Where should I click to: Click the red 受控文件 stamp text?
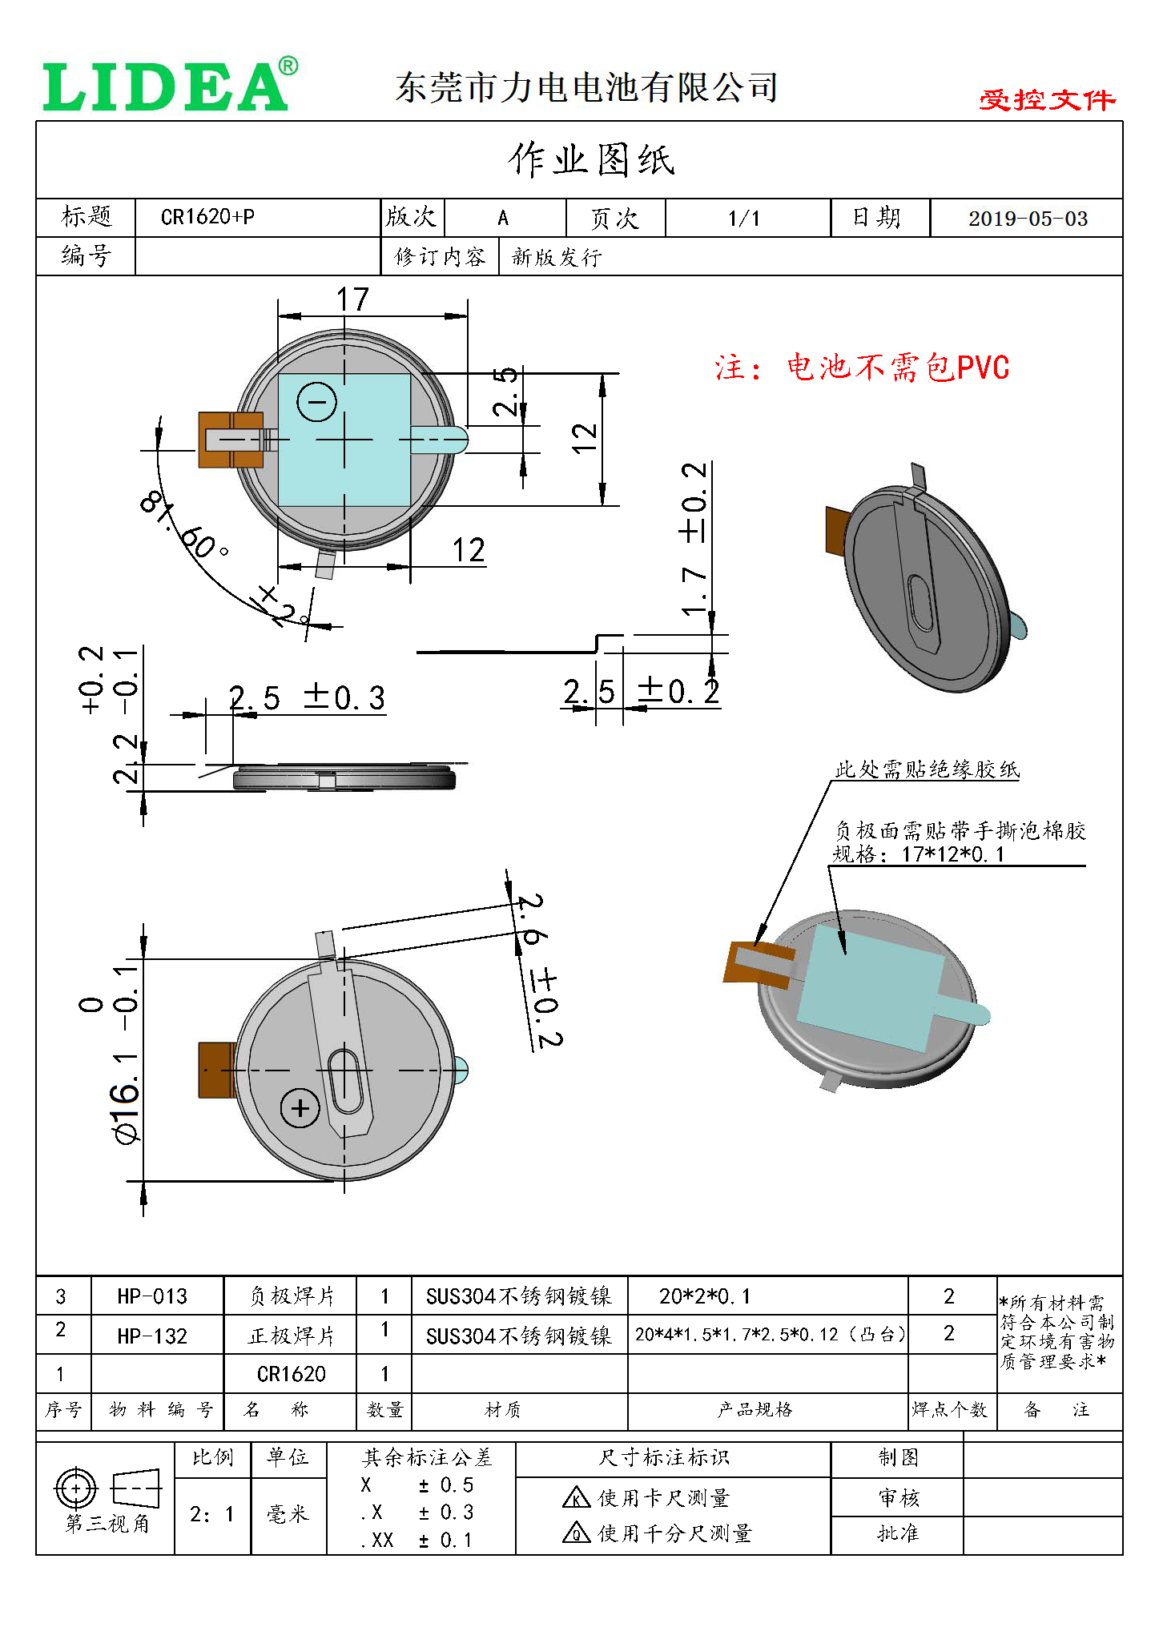click(x=1046, y=100)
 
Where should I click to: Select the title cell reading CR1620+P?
click(x=208, y=217)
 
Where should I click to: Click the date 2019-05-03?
click(x=1028, y=219)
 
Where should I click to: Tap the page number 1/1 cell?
click(x=744, y=219)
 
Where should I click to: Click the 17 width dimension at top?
click(x=352, y=300)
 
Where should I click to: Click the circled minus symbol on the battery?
click(x=316, y=402)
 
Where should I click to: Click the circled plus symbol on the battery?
click(x=300, y=1108)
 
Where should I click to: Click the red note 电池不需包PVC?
click(x=862, y=368)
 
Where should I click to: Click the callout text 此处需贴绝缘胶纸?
click(x=927, y=770)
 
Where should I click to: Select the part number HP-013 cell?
click(x=152, y=1296)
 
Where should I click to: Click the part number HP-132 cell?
click(x=152, y=1336)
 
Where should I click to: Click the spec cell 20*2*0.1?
click(x=704, y=1296)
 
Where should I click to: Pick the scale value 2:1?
click(x=211, y=1514)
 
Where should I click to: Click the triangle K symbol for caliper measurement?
click(x=576, y=1498)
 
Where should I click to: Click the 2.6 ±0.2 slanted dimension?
click(x=537, y=969)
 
